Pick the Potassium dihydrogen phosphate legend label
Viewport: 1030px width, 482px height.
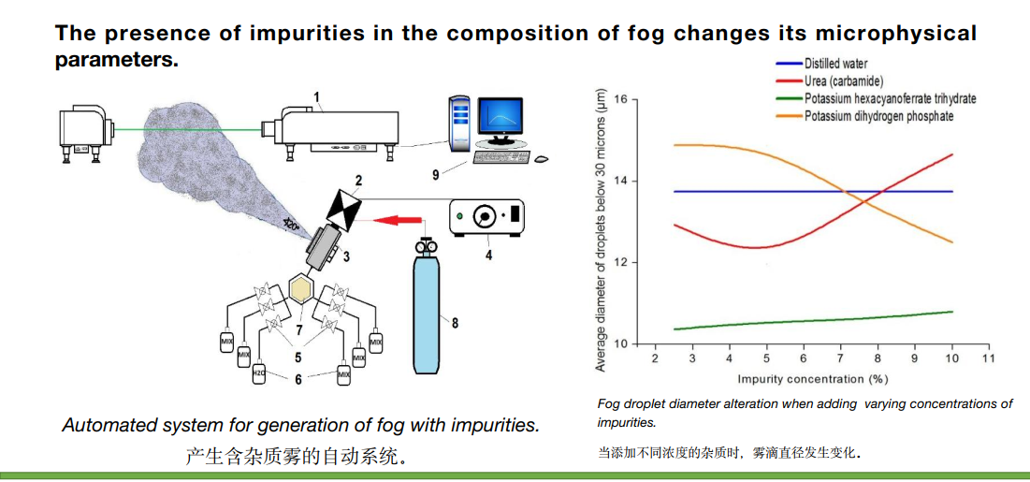click(878, 116)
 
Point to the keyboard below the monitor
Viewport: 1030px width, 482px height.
click(501, 158)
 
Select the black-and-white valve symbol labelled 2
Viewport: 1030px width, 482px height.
click(345, 209)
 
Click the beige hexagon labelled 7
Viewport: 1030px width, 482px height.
click(300, 290)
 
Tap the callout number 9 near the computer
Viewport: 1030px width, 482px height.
click(435, 174)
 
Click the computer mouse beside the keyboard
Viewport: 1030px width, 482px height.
click(542, 158)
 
